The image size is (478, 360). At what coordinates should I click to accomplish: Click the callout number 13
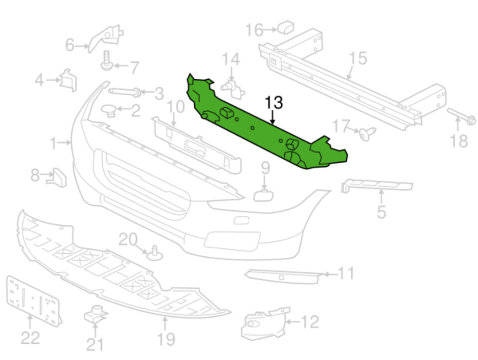pyautogui.click(x=273, y=102)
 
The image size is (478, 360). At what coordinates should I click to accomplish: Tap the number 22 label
pyautogui.click(x=29, y=337)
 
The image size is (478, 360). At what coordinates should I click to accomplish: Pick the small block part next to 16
pyautogui.click(x=287, y=26)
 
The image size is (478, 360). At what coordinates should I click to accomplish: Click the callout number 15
pyautogui.click(x=358, y=58)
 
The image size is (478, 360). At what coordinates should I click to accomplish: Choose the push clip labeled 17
pyautogui.click(x=366, y=133)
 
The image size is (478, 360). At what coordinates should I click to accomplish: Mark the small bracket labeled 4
pyautogui.click(x=67, y=80)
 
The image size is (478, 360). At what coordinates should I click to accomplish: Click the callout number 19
pyautogui.click(x=166, y=338)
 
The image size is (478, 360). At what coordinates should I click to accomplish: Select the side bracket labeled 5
pyautogui.click(x=376, y=185)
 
